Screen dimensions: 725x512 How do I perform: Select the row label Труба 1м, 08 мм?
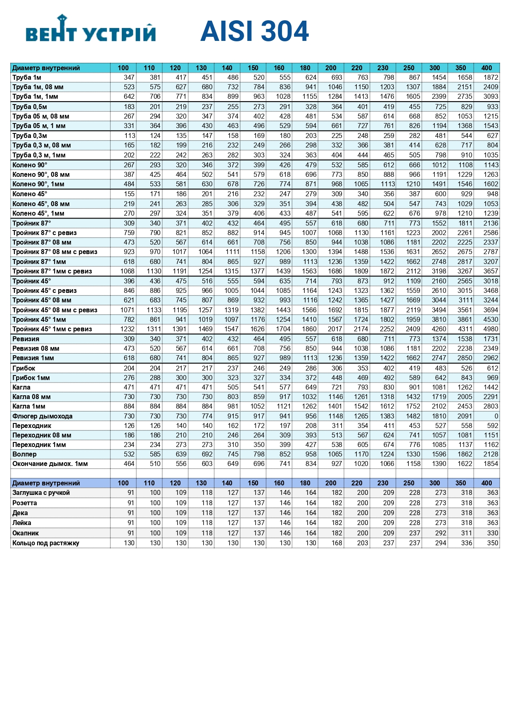click(x=38, y=87)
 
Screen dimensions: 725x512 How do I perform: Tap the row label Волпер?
click(x=24, y=454)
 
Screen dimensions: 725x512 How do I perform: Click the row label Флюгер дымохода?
click(x=42, y=416)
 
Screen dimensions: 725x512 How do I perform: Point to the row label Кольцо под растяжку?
click(x=45, y=543)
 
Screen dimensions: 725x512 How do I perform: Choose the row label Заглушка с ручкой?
click(x=41, y=492)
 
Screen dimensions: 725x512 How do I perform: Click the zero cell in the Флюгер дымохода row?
click(x=496, y=416)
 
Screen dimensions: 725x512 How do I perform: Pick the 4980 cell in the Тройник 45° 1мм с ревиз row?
click(x=491, y=329)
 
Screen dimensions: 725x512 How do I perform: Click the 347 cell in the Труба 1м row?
click(x=129, y=77)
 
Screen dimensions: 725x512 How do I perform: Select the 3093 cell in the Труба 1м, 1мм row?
click(x=491, y=96)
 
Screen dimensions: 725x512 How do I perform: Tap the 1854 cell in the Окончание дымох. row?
click(x=491, y=464)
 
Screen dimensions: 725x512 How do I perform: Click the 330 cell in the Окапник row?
click(x=492, y=533)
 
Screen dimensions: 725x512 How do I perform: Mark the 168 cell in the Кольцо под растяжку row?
click(x=337, y=543)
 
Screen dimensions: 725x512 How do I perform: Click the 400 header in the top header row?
click(x=486, y=68)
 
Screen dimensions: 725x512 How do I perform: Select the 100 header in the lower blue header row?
click(x=123, y=483)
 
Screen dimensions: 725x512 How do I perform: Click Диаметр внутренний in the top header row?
click(x=46, y=68)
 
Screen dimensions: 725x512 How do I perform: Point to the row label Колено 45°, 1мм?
click(x=38, y=213)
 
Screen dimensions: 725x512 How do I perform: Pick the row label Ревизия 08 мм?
click(x=36, y=348)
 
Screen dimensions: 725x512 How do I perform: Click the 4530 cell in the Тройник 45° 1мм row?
click(x=491, y=319)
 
